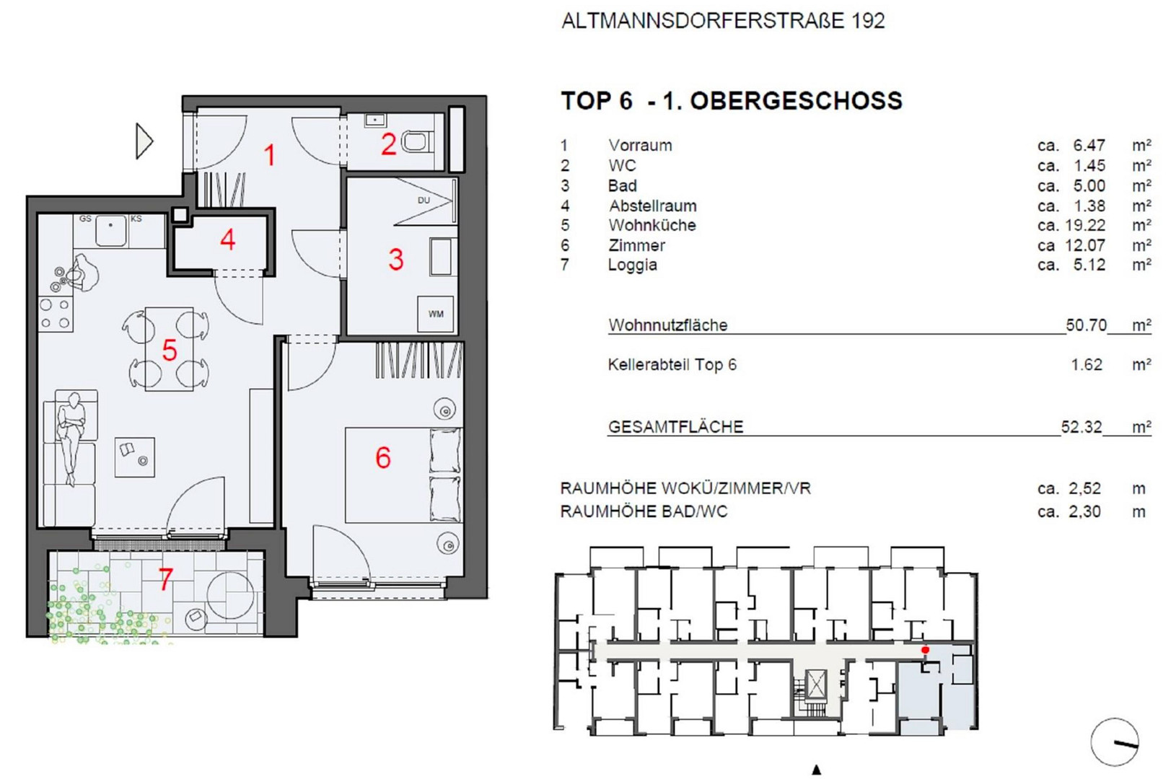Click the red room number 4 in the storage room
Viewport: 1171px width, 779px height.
click(227, 240)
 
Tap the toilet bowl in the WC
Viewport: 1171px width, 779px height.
click(416, 142)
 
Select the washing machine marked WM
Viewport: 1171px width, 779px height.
click(436, 314)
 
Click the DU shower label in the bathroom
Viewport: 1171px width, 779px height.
click(424, 200)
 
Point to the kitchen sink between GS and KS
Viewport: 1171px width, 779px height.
click(110, 230)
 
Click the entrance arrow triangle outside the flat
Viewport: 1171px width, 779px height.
click(144, 141)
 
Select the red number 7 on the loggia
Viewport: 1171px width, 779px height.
click(166, 579)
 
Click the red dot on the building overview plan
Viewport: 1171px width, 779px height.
click(925, 650)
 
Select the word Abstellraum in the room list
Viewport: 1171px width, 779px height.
click(652, 206)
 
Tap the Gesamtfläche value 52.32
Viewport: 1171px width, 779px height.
click(1082, 427)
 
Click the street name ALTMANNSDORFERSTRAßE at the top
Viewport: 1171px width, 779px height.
click(703, 21)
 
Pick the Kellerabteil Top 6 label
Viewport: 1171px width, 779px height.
click(672, 365)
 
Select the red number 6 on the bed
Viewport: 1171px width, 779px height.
click(383, 458)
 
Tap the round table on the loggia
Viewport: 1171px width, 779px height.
click(231, 596)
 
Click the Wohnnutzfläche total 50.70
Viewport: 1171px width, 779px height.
click(1087, 325)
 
